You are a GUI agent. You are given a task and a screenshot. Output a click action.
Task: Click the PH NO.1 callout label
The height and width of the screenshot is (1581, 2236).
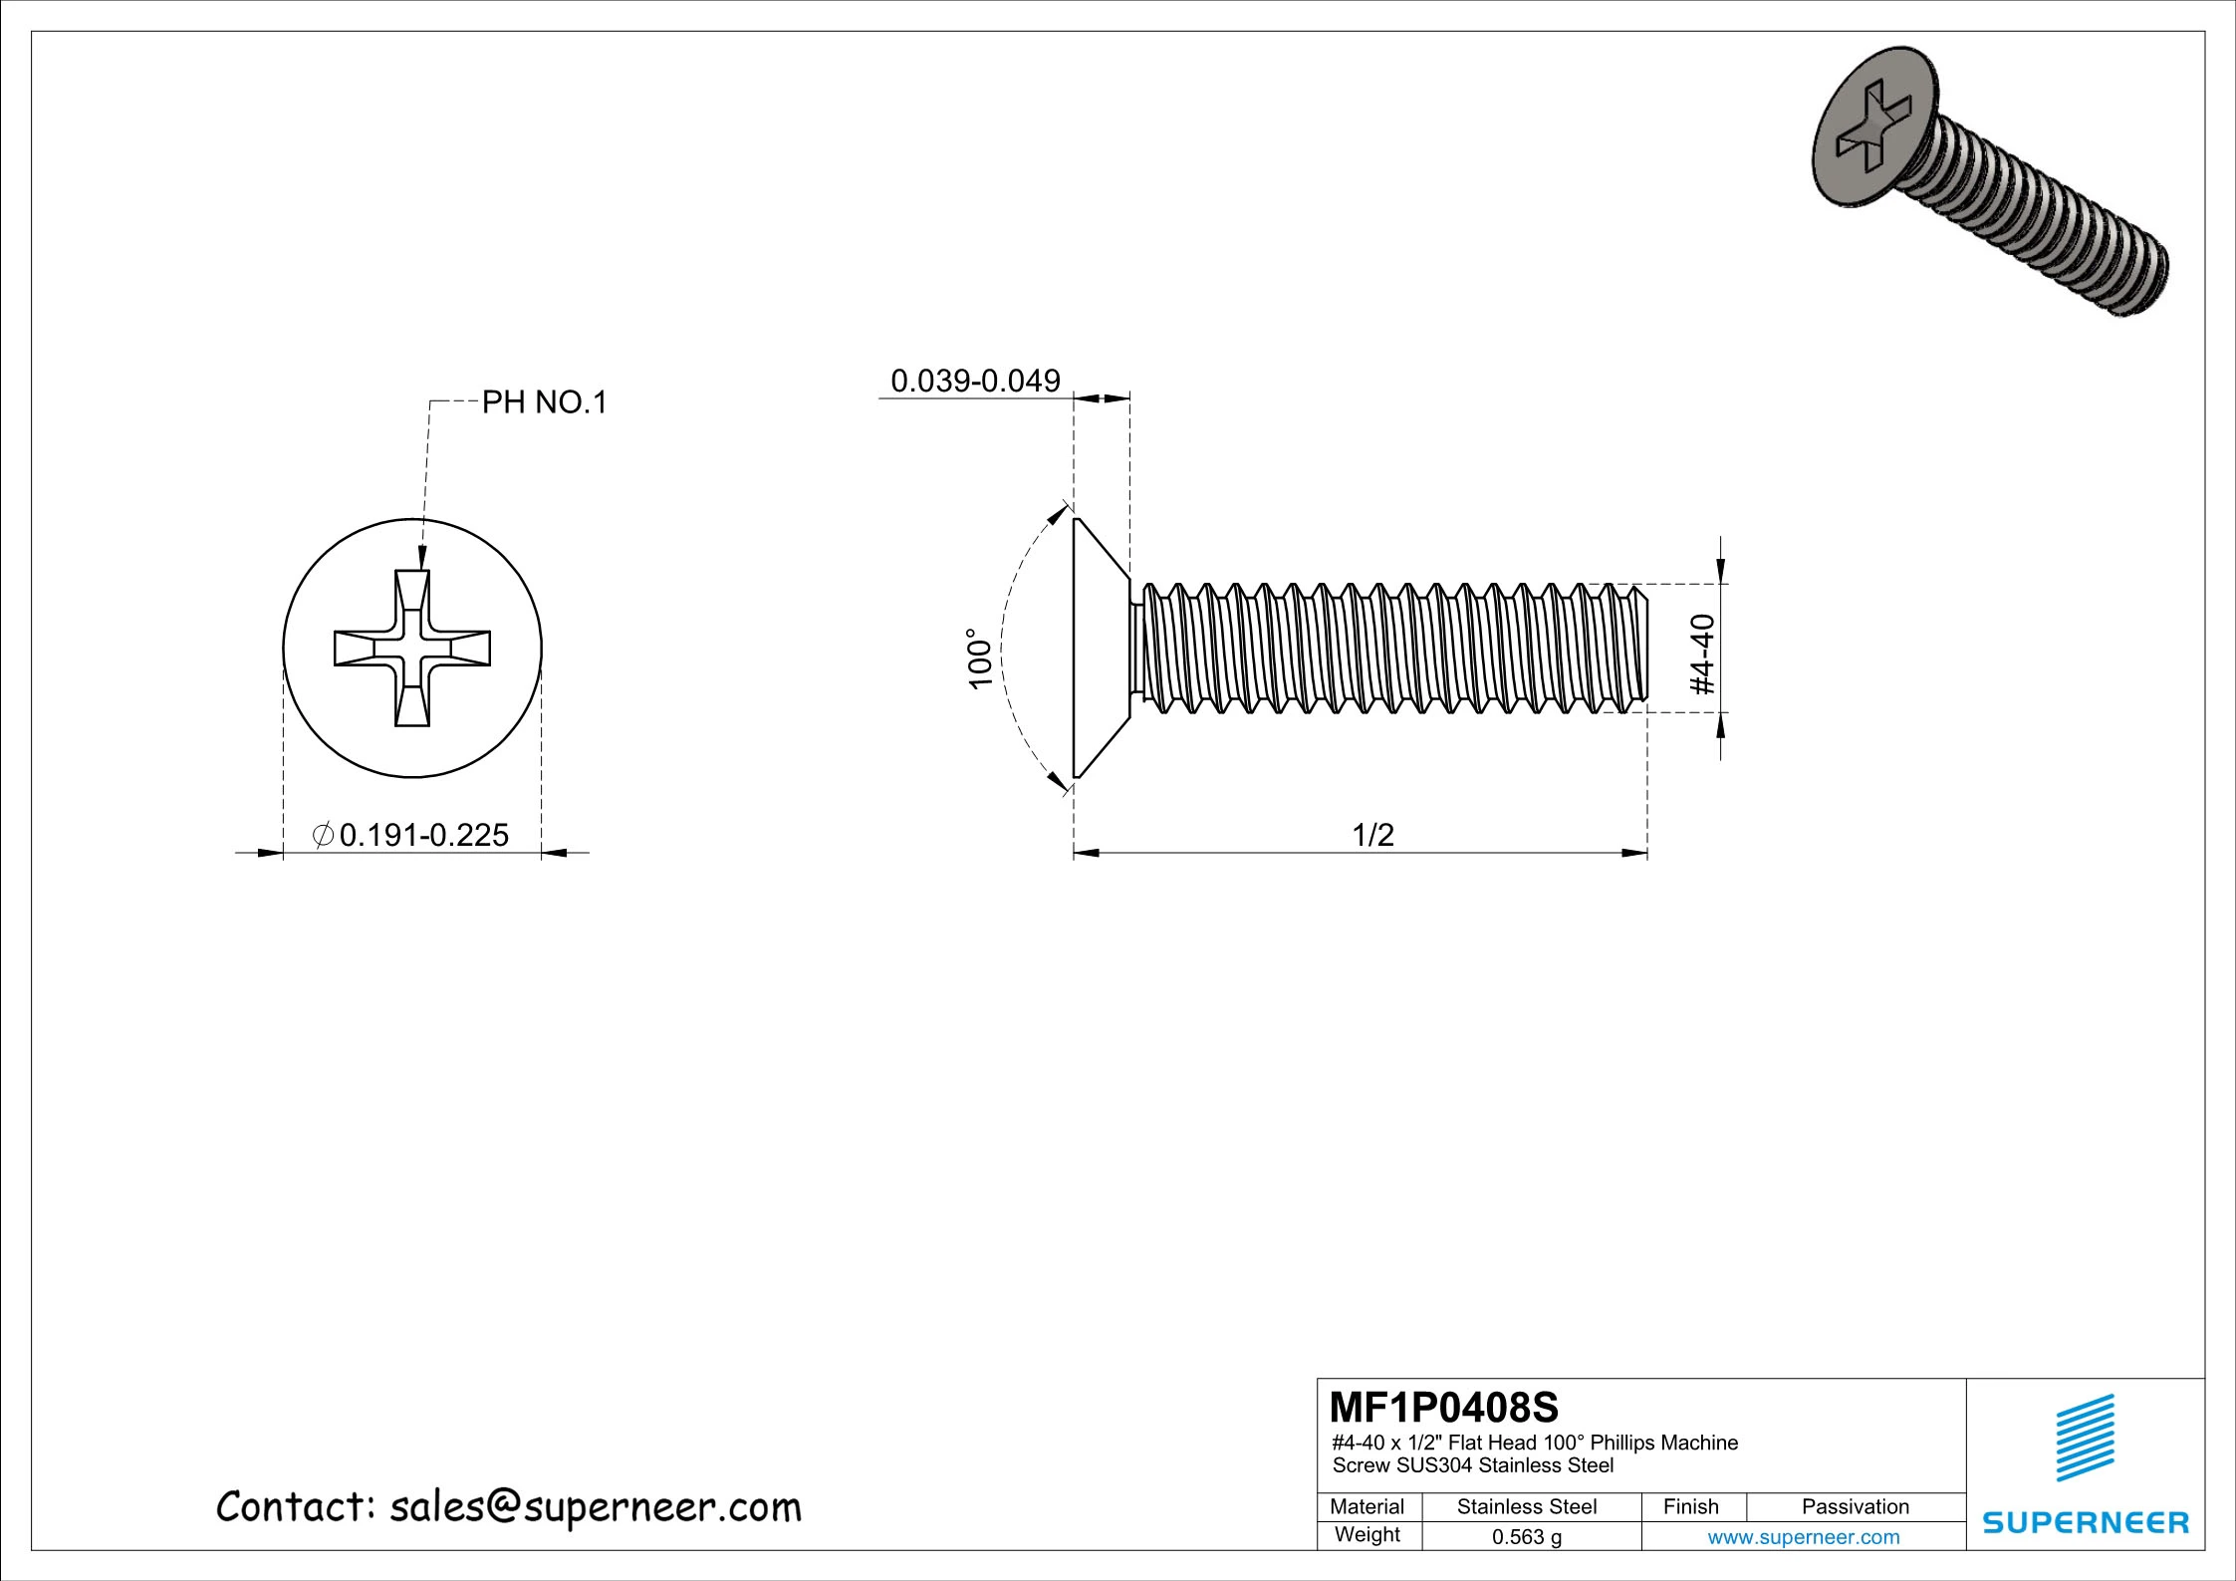(x=544, y=402)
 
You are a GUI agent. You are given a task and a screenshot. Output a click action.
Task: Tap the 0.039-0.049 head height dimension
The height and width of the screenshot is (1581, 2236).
(x=974, y=381)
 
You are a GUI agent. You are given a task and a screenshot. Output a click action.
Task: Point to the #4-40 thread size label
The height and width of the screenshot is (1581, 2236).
(x=1703, y=654)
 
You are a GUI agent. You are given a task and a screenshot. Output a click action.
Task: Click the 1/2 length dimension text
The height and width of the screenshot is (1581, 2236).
(x=1372, y=835)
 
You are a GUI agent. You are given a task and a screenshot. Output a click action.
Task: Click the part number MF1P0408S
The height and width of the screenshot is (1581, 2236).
(x=1443, y=1408)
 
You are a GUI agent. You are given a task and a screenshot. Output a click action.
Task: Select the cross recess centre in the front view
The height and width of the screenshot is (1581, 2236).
(x=412, y=649)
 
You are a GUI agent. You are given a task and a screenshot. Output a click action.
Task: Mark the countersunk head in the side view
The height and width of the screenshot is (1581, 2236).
(x=1100, y=648)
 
